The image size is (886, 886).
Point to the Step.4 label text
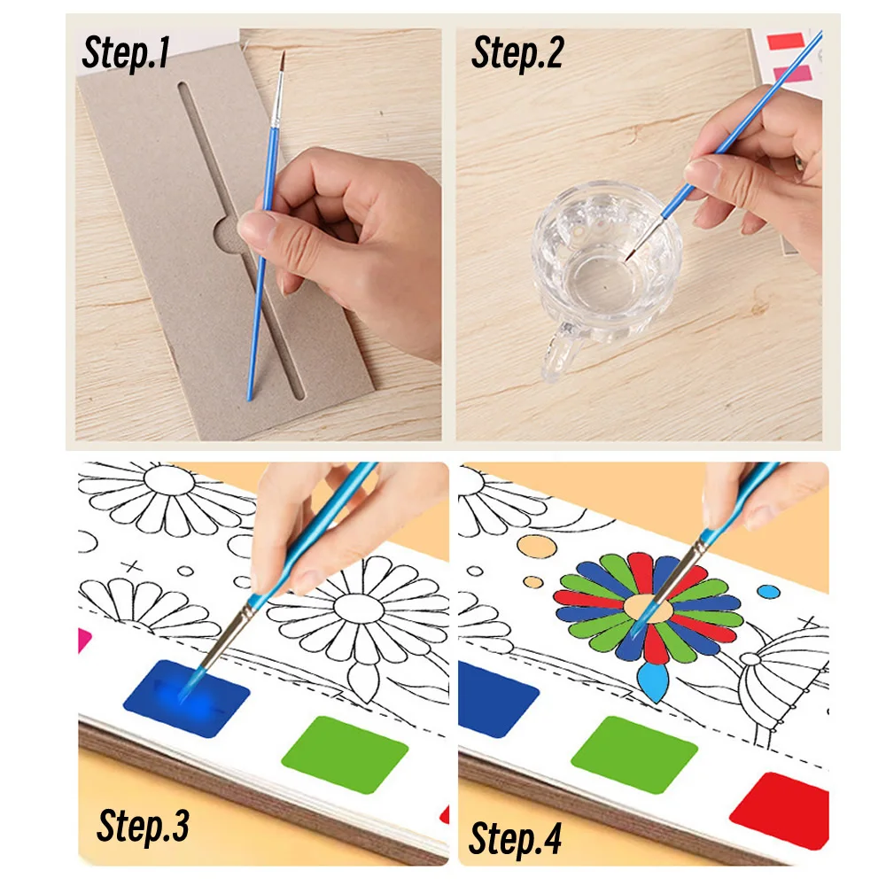515,837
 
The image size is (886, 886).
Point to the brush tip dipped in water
630,257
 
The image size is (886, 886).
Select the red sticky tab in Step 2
784,41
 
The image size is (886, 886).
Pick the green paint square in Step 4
633,754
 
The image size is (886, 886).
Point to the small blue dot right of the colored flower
768,591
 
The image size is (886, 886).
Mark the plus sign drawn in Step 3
133,564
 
